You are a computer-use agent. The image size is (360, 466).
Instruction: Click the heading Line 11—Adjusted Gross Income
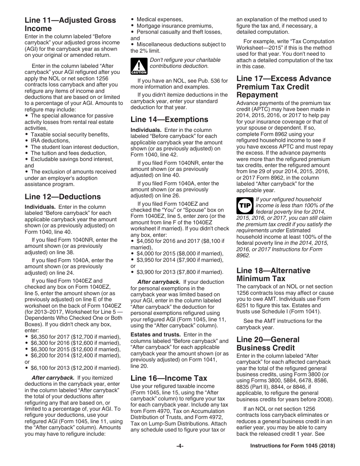point(70,24)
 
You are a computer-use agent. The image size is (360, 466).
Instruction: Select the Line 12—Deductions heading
point(63,197)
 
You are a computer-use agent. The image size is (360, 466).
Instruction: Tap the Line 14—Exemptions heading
point(169,120)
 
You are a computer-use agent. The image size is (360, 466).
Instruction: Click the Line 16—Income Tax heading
point(169,378)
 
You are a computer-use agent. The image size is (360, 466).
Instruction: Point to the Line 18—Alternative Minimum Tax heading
point(273,274)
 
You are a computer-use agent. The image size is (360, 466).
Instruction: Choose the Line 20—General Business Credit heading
point(268,344)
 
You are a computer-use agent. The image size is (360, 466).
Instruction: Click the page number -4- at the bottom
point(180,457)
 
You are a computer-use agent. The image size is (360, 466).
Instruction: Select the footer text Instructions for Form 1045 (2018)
point(293,457)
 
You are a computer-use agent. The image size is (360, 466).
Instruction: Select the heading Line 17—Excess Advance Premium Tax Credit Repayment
point(283,87)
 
